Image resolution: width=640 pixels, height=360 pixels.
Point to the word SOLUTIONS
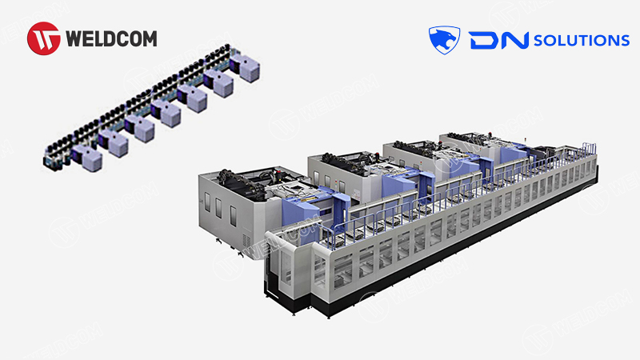pos(582,40)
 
